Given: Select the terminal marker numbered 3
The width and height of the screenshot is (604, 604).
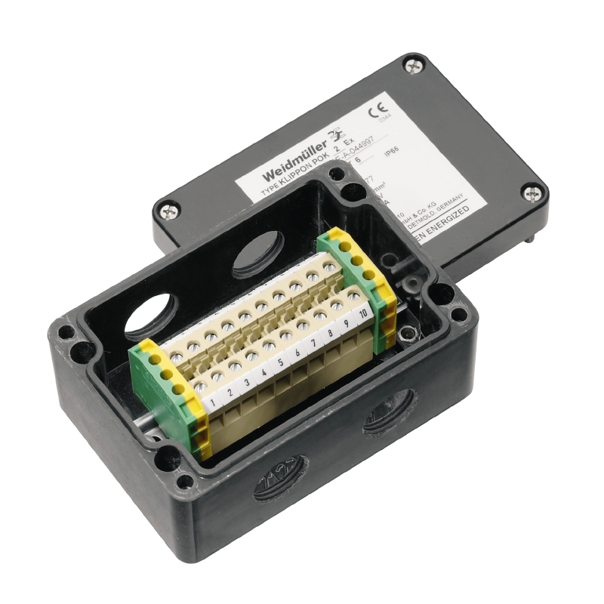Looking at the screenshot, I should coord(248,383).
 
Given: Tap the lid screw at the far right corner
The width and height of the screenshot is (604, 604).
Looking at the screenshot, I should coord(535,193).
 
